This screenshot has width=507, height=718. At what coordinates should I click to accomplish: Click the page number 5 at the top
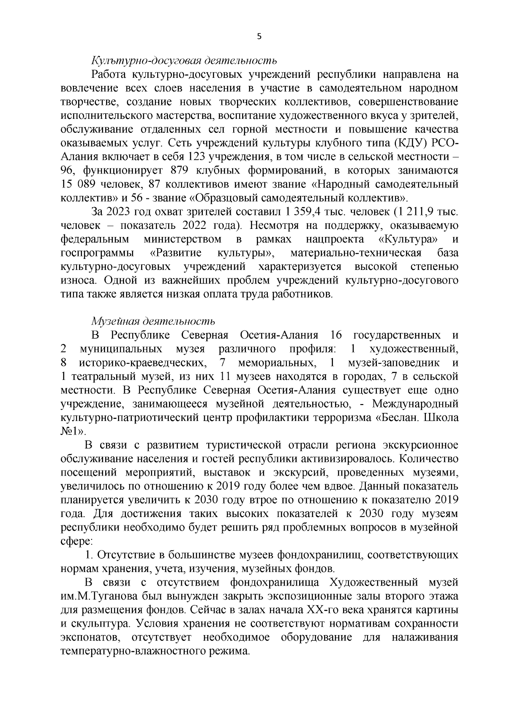tap(259, 37)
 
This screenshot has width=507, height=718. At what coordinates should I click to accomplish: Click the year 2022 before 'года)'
tap(196, 226)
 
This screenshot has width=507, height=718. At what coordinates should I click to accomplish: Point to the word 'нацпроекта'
tap(335, 239)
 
